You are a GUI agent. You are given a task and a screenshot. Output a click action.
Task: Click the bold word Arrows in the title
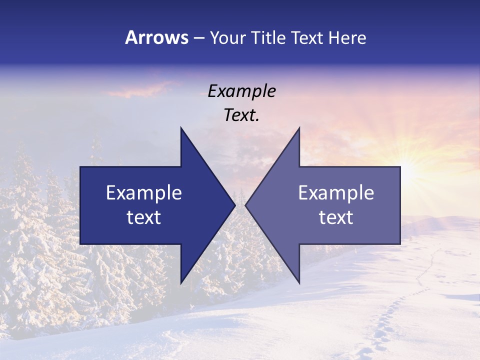click(x=157, y=37)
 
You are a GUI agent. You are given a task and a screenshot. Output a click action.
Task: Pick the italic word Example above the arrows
click(x=241, y=91)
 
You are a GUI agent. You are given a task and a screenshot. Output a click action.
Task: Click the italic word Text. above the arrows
click(x=241, y=115)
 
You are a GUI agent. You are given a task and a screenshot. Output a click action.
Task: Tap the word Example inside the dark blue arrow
click(x=144, y=192)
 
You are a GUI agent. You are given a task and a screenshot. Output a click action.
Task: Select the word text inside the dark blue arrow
click(x=144, y=217)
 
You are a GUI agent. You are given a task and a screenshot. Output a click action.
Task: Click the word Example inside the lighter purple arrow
click(x=336, y=192)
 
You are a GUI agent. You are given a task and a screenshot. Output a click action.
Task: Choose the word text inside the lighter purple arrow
click(x=336, y=217)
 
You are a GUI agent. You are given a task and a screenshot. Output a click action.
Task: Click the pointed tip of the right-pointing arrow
click(x=234, y=205)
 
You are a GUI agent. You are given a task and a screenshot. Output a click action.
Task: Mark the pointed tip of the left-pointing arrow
click(x=246, y=205)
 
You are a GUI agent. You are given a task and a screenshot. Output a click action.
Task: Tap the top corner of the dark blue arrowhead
click(x=181, y=128)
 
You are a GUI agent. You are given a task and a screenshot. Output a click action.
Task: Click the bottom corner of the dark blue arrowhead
click(x=181, y=282)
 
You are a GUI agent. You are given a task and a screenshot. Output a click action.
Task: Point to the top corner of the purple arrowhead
click(x=299, y=128)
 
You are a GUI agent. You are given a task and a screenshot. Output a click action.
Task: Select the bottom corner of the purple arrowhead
click(x=299, y=282)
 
